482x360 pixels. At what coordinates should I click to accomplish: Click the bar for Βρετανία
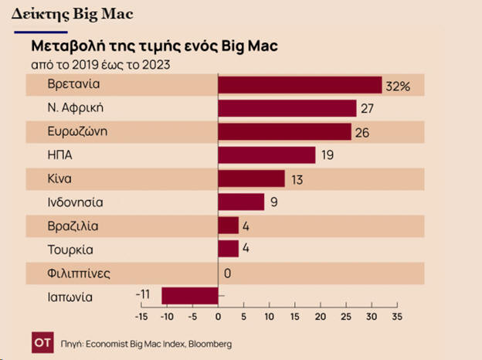(x=300, y=85)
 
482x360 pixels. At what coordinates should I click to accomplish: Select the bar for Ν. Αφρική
(x=287, y=108)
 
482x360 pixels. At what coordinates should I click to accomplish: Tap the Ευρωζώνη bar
(x=285, y=132)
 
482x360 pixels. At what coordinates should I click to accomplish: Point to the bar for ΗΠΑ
(x=266, y=155)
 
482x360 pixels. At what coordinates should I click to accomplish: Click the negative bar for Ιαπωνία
(x=190, y=296)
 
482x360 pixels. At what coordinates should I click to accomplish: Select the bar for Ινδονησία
(x=241, y=202)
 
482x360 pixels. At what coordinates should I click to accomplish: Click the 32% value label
(x=398, y=86)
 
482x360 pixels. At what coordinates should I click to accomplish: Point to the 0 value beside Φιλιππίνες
(x=228, y=273)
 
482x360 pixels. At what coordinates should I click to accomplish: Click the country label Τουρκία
(x=70, y=250)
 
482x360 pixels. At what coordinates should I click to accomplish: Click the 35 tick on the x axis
(x=397, y=316)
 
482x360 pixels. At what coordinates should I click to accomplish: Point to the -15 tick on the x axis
(x=141, y=316)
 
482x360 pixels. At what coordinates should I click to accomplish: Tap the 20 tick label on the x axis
(x=320, y=316)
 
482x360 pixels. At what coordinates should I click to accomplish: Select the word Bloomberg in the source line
(x=208, y=343)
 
